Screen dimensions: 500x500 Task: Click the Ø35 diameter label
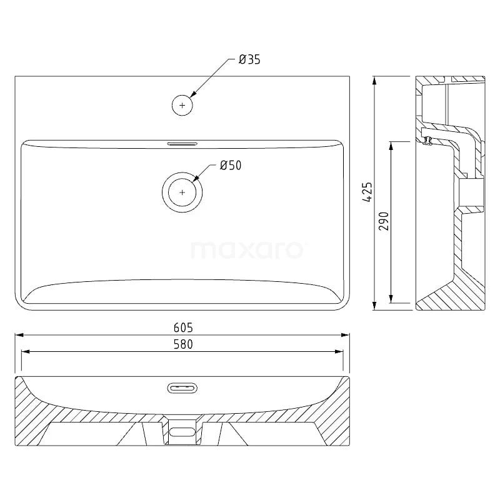pos(249,59)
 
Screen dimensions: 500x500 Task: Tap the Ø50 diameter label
pos(231,165)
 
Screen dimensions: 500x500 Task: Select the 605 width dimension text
pos(183,327)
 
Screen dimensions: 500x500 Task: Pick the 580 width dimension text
pos(183,344)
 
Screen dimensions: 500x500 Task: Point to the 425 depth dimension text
pos(367,192)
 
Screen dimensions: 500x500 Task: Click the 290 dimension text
pos(384,221)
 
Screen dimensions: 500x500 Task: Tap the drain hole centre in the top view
pos(182,192)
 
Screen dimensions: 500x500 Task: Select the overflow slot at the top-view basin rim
pos(182,144)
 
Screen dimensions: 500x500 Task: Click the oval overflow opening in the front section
pos(182,388)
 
